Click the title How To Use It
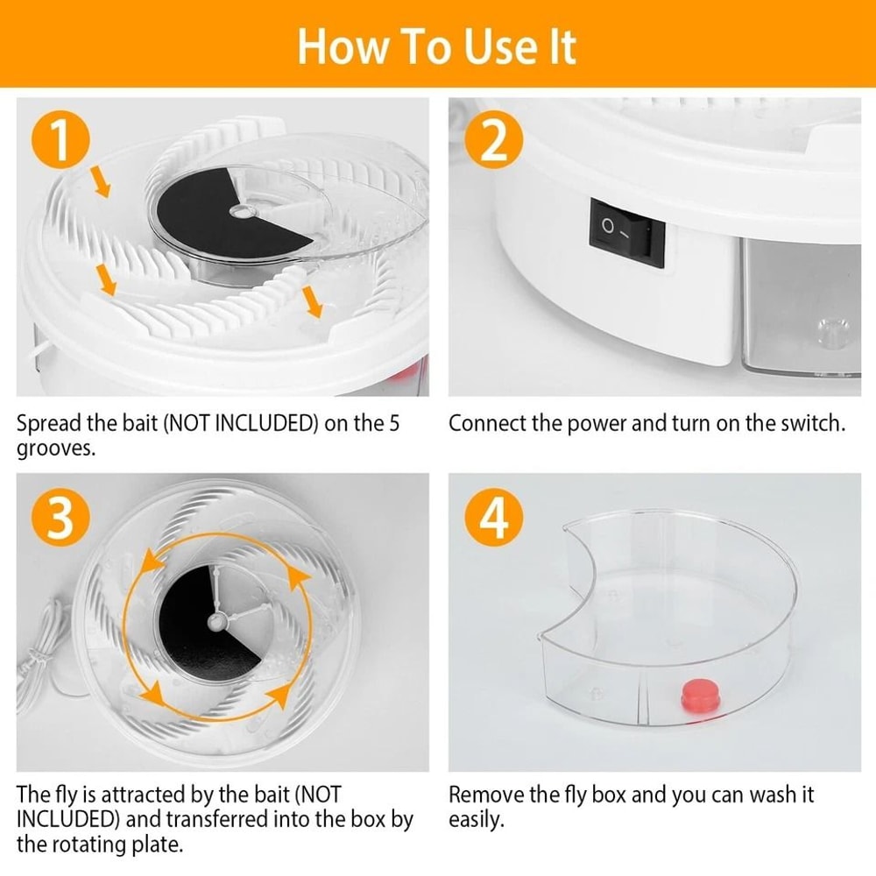pos(437,45)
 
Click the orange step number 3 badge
pos(60,519)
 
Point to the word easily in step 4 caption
pos(477,820)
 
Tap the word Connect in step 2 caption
pos(487,424)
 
